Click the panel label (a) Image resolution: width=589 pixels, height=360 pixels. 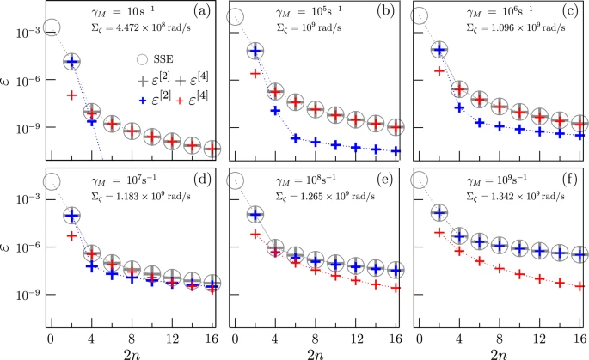205,12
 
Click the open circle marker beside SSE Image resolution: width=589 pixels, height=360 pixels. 146,60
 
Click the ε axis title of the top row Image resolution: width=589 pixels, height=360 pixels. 10,83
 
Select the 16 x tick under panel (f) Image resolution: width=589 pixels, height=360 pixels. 580,333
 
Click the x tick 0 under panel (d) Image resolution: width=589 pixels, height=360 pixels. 52,333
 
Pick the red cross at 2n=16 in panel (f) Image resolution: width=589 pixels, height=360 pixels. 580,284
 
